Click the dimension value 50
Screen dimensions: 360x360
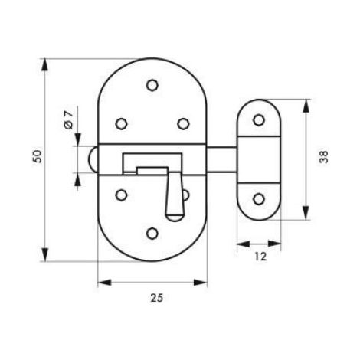38,156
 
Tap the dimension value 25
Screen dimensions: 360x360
157,298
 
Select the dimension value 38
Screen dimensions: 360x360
324,157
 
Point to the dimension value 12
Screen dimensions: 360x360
260,257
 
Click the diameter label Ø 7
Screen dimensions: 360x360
69,119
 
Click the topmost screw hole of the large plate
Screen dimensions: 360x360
152,85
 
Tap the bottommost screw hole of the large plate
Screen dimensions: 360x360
152,234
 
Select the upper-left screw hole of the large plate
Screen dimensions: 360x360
121,124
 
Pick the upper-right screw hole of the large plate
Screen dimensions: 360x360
183,124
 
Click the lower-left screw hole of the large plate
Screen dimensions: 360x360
121,195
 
